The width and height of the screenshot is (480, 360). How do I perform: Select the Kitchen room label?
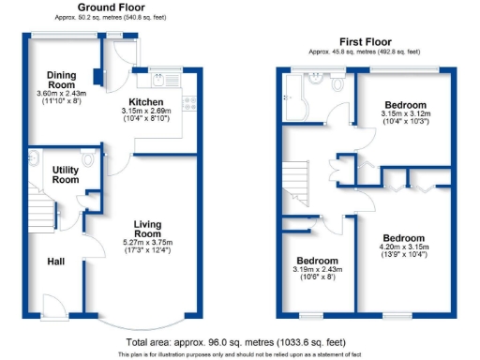coord(147,102)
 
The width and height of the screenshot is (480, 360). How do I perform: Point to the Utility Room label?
coord(65,174)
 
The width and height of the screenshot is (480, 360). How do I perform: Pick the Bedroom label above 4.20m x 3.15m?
coord(404,239)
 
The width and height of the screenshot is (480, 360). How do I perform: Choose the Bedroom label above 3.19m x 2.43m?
coord(316,260)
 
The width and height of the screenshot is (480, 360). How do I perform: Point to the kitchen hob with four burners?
coord(188,105)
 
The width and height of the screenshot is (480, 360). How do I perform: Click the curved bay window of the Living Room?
coord(141,322)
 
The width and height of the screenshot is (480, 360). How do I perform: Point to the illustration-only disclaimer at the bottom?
coord(240,355)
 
